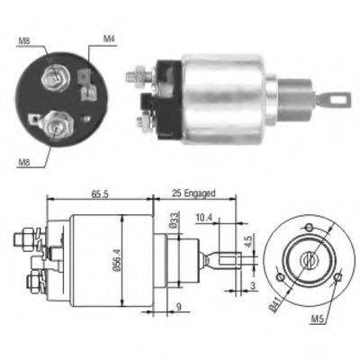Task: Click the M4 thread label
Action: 109,39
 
